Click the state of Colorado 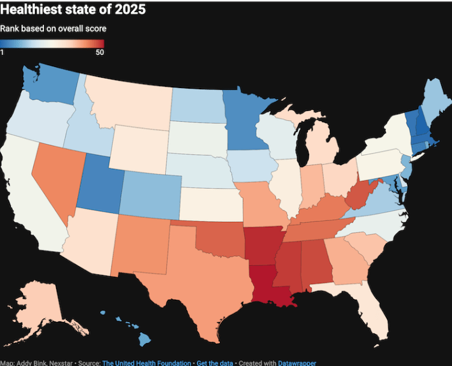click(x=151, y=191)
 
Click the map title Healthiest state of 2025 click(x=73, y=10)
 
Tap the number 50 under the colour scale click(x=99, y=52)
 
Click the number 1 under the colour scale click(x=3, y=52)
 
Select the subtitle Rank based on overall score click(x=53, y=29)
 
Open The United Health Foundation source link click(x=138, y=362)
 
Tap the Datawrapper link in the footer click(x=297, y=362)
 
